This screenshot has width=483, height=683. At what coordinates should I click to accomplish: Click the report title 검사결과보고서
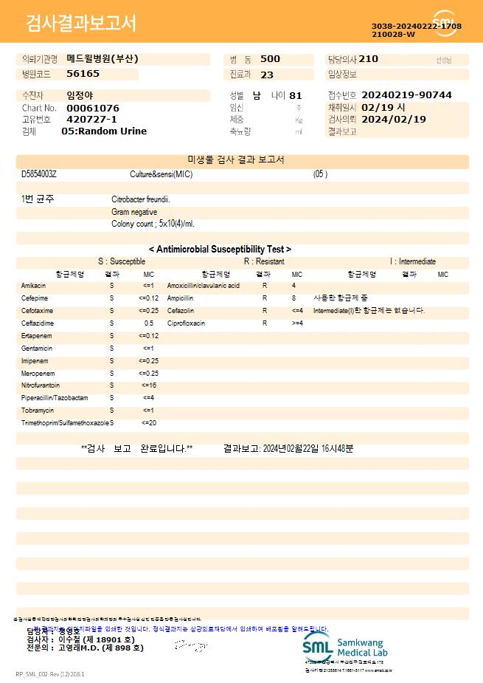(81, 24)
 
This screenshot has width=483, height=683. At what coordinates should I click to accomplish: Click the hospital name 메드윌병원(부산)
(102, 59)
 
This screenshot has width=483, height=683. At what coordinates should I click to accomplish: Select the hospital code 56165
(83, 74)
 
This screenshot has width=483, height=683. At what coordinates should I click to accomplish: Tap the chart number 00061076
(92, 108)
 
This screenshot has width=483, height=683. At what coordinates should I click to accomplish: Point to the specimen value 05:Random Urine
(104, 131)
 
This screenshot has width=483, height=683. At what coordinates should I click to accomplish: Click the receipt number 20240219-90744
(407, 95)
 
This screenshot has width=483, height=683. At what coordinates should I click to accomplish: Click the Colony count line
(153, 224)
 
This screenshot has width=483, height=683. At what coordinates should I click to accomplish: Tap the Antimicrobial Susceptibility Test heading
(220, 250)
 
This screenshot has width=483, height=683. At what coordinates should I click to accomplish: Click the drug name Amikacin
(34, 286)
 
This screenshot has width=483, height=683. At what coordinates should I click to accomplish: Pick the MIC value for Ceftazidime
(149, 323)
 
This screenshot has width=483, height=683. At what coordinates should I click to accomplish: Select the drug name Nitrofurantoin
(41, 385)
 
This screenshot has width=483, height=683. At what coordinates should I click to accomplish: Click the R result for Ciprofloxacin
(265, 323)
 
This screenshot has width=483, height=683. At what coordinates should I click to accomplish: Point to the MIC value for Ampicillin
(293, 298)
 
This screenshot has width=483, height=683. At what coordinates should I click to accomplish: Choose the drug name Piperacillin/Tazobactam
(55, 398)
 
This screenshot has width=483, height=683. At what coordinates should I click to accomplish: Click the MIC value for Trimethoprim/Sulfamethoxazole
(148, 423)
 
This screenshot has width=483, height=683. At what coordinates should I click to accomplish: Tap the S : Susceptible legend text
(122, 261)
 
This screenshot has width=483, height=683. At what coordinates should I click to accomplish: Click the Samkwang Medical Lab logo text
(361, 648)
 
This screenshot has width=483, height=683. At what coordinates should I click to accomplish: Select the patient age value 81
(296, 95)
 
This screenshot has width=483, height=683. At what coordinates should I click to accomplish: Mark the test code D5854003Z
(39, 174)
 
